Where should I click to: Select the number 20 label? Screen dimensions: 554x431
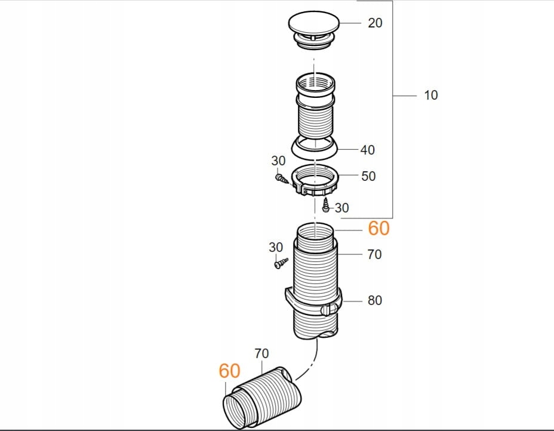pyautogui.click(x=375, y=23)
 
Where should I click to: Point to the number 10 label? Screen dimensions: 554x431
pyautogui.click(x=430, y=95)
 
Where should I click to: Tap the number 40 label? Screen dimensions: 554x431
pyautogui.click(x=368, y=150)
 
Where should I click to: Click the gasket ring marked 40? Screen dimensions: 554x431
pyautogui.click(x=313, y=146)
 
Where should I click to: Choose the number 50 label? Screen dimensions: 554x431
pyautogui.click(x=368, y=177)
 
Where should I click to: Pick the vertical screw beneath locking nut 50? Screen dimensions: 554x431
pyautogui.click(x=325, y=206)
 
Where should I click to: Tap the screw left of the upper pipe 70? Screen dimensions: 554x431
pyautogui.click(x=279, y=263)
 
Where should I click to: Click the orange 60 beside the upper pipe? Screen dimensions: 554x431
pyautogui.click(x=378, y=228)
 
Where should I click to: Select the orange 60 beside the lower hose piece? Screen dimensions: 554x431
pyautogui.click(x=229, y=371)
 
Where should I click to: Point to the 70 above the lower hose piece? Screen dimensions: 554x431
pyautogui.click(x=261, y=353)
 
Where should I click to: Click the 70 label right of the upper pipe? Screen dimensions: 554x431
pyautogui.click(x=374, y=255)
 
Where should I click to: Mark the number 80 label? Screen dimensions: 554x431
pyautogui.click(x=374, y=300)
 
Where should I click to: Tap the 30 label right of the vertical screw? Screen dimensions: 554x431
pyautogui.click(x=342, y=208)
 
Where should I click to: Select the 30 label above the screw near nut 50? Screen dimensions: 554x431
pyautogui.click(x=278, y=161)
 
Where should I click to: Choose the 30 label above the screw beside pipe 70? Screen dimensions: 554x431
pyautogui.click(x=275, y=247)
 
